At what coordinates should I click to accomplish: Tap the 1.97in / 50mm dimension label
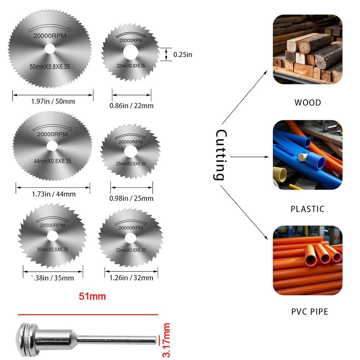pos(53,102)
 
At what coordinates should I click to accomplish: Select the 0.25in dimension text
pos(183,55)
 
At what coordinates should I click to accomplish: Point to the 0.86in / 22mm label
pos(131,105)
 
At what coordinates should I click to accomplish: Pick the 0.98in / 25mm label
pos(131,198)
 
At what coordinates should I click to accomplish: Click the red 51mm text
pos(93,296)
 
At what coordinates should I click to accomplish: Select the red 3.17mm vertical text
pos(166,340)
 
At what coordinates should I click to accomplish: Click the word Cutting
pos(220,155)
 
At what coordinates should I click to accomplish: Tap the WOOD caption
pos(307,103)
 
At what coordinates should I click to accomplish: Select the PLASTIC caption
pos(307,209)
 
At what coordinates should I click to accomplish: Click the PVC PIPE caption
pos(310,311)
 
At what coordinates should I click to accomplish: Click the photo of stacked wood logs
pos(307,49)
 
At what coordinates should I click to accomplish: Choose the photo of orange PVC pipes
pos(307,260)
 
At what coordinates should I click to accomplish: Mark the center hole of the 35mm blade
pos(53,236)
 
